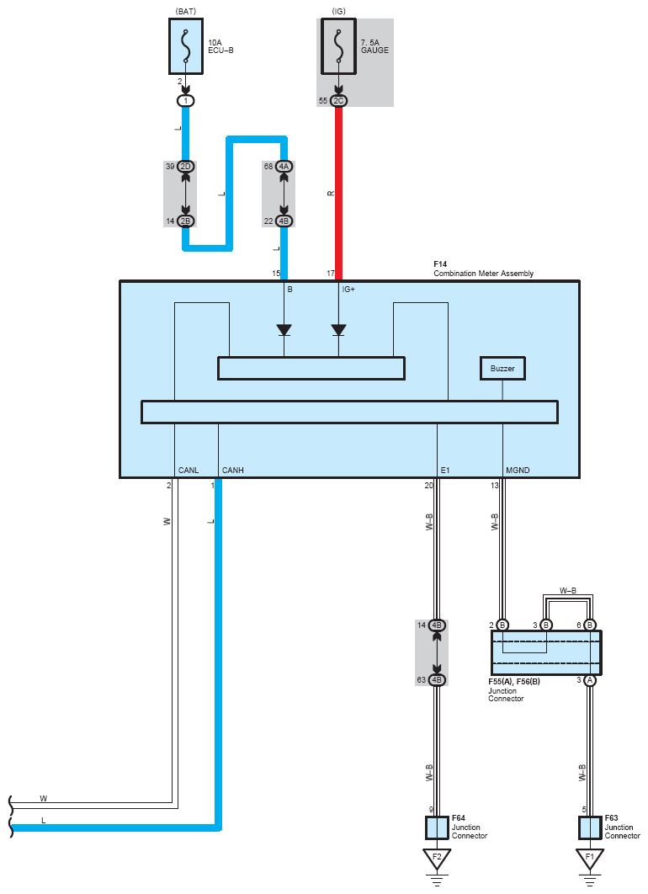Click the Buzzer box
click(x=502, y=369)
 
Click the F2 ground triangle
click(x=437, y=859)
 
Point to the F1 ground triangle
click(x=590, y=859)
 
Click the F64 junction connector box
click(x=437, y=827)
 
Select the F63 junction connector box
click(x=590, y=827)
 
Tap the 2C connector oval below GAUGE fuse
click(x=338, y=101)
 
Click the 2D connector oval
click(x=186, y=167)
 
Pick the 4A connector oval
click(x=284, y=167)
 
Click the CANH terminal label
click(x=232, y=470)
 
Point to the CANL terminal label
click(x=189, y=470)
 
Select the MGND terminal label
click(x=518, y=470)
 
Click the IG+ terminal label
click(x=349, y=289)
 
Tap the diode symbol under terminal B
click(x=284, y=329)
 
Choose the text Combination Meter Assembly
click(x=483, y=273)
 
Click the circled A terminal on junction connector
click(x=590, y=680)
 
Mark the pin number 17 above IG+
click(x=331, y=274)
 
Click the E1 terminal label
click(x=445, y=470)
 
